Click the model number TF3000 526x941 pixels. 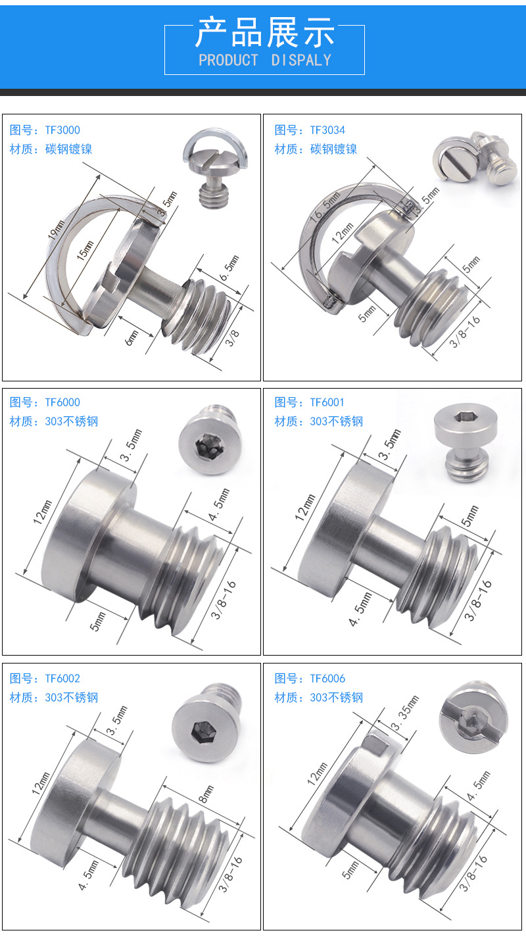pos(62,130)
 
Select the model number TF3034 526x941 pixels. pos(327,130)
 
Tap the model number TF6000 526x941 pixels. pos(62,402)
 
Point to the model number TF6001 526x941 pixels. pos(327,402)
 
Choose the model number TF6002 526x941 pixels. pos(62,679)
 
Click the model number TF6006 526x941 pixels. pos(327,679)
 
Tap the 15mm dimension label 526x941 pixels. pos(85,251)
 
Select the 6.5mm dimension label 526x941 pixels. pos(229,268)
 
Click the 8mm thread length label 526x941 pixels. pos(206,794)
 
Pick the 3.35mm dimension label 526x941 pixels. pos(405,713)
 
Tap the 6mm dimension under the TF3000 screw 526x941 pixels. pos(131,338)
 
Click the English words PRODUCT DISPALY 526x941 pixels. pos(265,60)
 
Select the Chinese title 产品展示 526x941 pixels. pos(265,32)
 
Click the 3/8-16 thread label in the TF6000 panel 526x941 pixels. pos(224,601)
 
